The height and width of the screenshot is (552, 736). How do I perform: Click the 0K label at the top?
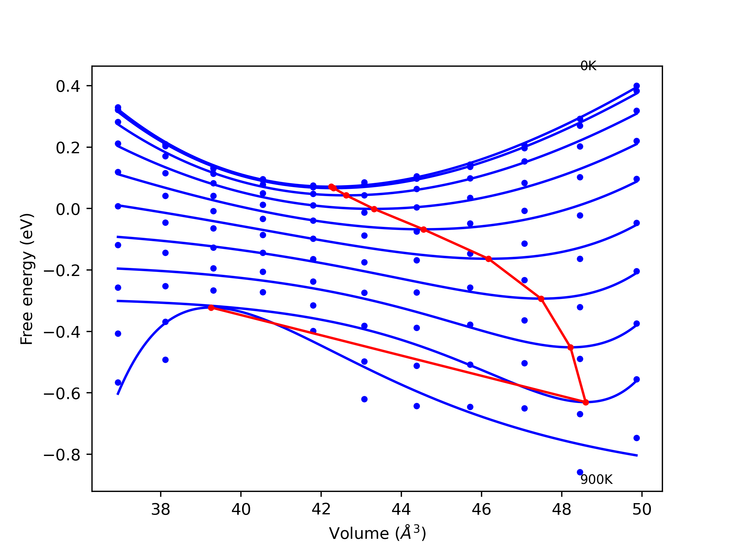point(588,66)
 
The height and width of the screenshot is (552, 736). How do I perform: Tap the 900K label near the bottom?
point(596,480)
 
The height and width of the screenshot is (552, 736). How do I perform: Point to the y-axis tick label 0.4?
point(68,86)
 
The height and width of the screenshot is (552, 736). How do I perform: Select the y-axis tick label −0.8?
point(62,455)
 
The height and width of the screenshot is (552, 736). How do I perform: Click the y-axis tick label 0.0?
point(68,209)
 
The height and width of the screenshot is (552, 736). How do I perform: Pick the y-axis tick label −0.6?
point(62,394)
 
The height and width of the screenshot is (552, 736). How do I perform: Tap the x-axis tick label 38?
point(161,509)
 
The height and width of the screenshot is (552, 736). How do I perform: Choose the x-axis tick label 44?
point(401,509)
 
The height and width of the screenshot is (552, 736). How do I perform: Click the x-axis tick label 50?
point(642,509)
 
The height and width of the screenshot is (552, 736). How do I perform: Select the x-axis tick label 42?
point(321,509)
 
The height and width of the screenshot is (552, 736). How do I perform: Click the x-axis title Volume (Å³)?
point(377,533)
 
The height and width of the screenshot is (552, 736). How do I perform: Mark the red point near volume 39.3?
point(211,308)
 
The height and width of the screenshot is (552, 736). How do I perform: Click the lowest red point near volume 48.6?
point(586,402)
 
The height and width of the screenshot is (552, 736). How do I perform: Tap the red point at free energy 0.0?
point(374,209)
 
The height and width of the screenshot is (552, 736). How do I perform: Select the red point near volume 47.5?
point(541,299)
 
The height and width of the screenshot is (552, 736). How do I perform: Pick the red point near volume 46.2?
point(489,259)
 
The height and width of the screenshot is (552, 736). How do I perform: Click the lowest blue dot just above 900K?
point(580,472)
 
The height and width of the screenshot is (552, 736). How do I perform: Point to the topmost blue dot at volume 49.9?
point(637,86)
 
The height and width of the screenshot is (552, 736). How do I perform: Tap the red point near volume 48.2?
point(571,347)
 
